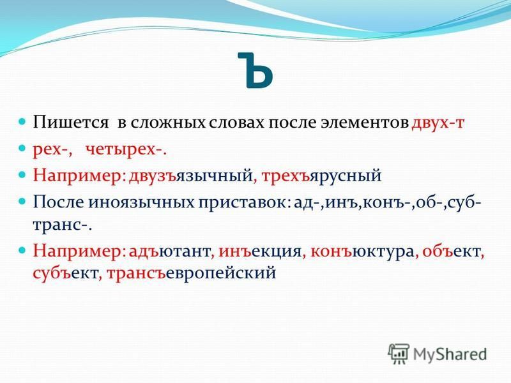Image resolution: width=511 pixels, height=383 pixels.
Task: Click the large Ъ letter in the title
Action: click(256, 70)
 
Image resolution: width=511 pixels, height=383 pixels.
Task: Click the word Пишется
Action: click(70, 123)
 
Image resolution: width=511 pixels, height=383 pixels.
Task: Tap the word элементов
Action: click(364, 123)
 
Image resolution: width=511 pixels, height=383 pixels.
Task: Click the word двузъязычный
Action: click(190, 176)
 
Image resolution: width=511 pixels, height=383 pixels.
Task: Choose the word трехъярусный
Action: click(321, 176)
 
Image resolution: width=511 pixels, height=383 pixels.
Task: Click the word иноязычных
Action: click(142, 202)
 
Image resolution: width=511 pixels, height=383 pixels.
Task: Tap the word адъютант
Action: click(169, 251)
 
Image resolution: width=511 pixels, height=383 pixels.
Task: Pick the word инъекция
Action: click(260, 251)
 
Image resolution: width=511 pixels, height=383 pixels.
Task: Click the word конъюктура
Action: click(362, 251)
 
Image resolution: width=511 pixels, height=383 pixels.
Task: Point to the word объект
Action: click(451, 251)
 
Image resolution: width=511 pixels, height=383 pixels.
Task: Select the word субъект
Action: click(65, 273)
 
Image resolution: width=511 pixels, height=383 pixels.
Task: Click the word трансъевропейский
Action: click(191, 273)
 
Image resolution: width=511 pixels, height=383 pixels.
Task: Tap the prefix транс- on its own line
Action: click(61, 225)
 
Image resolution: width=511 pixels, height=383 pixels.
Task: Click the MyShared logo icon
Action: click(399, 354)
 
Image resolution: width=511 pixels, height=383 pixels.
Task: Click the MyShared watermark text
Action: click(450, 354)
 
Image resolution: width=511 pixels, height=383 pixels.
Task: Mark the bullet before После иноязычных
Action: click(22, 202)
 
